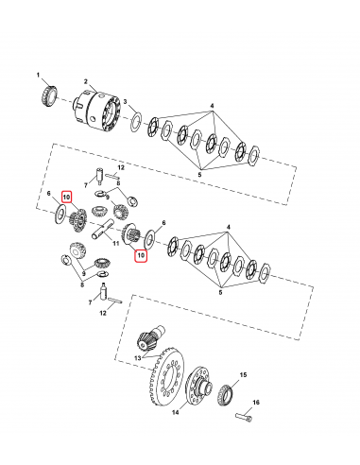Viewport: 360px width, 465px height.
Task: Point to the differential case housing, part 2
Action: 102,112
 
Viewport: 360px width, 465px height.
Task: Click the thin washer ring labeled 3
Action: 137,121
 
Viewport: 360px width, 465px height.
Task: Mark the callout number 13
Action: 135,358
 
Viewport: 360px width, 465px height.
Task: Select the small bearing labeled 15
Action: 227,392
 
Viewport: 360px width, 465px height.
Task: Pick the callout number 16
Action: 255,401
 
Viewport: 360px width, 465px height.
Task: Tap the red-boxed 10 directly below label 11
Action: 142,282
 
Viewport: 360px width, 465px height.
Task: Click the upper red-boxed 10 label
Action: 67,197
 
